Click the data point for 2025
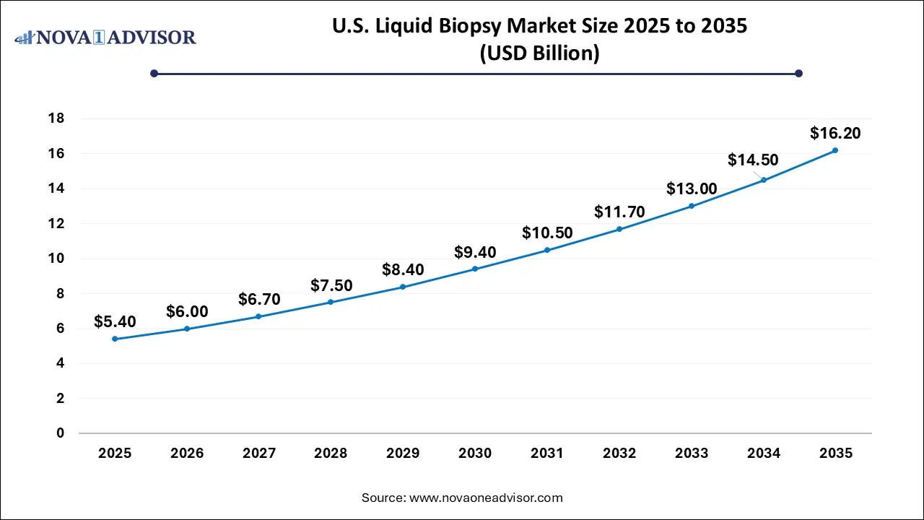tap(115, 339)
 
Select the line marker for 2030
tap(475, 269)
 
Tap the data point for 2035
tap(835, 150)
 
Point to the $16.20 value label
tap(835, 133)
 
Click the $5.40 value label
tap(115, 322)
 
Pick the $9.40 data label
tap(475, 252)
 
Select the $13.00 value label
tap(692, 189)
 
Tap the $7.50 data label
tap(331, 285)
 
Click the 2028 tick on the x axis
tap(331, 454)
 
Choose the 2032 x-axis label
tap(619, 454)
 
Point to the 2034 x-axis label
tap(764, 454)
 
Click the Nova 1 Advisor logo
tap(106, 36)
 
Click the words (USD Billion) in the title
tap(539, 54)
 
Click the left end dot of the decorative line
tap(154, 73)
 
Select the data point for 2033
tap(692, 206)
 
